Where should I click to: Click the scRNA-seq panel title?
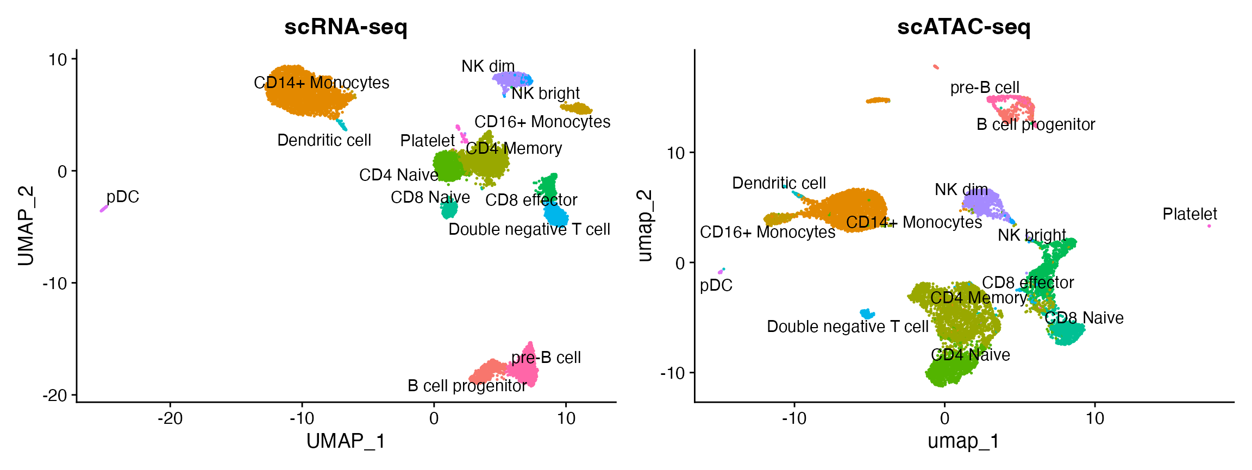tap(346, 27)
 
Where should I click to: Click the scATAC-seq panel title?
tap(963, 27)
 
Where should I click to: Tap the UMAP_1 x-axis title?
tap(346, 441)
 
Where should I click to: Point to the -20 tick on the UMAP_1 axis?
tap(170, 418)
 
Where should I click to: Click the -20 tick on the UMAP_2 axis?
tap(55, 395)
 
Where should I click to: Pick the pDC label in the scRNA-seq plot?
tap(123, 197)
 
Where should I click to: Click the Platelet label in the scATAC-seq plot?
tap(1190, 214)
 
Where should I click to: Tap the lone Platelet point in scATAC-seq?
tap(1209, 226)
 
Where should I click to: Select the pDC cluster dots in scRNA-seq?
tap(103, 209)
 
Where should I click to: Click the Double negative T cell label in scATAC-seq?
tap(847, 327)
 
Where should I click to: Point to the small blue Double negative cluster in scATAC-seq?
tap(867, 314)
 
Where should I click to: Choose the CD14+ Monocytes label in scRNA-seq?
tap(322, 83)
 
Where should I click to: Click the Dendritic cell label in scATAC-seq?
tap(779, 183)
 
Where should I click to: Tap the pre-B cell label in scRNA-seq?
tap(546, 358)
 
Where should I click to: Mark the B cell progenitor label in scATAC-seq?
tap(1036, 124)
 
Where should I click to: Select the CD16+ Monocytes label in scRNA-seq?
tap(542, 122)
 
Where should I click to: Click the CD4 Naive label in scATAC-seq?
tap(971, 355)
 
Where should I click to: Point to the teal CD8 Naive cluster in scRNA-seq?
tap(449, 209)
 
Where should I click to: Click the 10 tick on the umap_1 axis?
tap(1095, 418)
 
